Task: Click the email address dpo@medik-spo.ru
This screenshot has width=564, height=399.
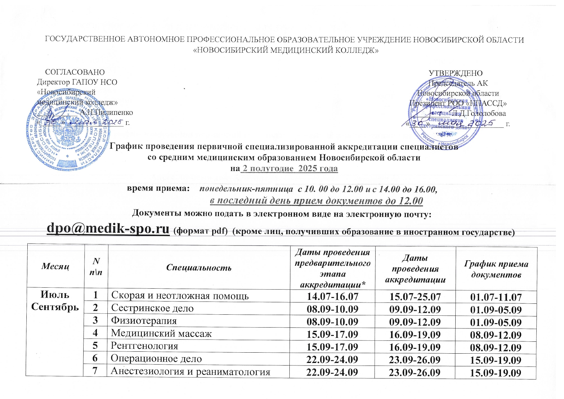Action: (x=108, y=229)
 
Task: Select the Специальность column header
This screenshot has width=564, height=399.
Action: (x=199, y=268)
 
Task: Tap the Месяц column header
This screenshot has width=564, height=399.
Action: (x=55, y=266)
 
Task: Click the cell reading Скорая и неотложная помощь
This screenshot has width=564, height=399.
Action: (x=180, y=296)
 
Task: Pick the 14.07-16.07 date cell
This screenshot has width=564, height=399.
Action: (x=332, y=296)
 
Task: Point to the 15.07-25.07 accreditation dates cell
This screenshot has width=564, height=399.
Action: (x=415, y=297)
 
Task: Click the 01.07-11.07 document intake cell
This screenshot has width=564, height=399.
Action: (x=496, y=297)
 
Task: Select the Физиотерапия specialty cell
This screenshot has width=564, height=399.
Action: (x=144, y=321)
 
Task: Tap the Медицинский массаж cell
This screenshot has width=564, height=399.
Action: (x=161, y=333)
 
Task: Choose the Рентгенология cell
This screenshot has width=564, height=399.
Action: (x=144, y=346)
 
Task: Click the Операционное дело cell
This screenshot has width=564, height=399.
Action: (x=156, y=358)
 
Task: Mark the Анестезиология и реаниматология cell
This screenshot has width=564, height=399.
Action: (x=190, y=372)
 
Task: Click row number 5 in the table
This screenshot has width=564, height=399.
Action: (x=95, y=346)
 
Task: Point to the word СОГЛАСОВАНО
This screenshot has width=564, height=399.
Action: (x=75, y=72)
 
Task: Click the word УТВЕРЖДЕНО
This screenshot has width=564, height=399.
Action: (x=456, y=73)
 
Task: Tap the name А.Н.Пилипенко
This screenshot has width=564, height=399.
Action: (x=106, y=113)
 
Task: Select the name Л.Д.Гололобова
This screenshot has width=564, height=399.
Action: (x=479, y=113)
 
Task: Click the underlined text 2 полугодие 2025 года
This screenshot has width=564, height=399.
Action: (x=290, y=169)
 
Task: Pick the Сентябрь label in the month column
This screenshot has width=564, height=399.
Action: (x=55, y=307)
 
